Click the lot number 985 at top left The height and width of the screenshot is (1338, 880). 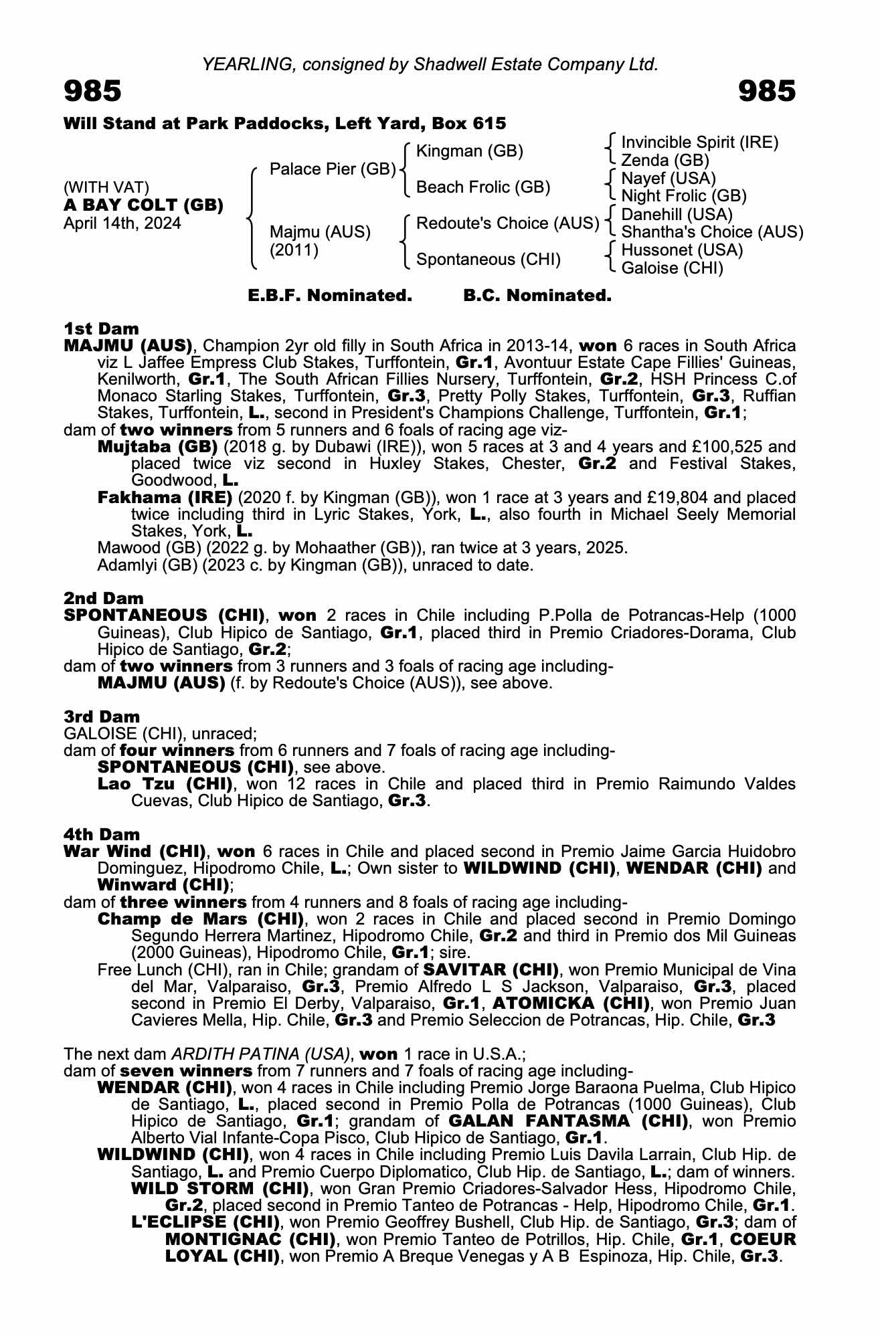click(x=92, y=92)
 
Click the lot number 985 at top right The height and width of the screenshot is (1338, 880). click(x=767, y=92)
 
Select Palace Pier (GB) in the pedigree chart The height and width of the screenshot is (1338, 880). click(x=333, y=169)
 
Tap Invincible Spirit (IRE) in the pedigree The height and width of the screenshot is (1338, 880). click(x=699, y=142)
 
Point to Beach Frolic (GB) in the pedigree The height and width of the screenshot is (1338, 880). click(x=482, y=187)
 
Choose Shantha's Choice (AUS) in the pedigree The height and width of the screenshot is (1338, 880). click(x=712, y=232)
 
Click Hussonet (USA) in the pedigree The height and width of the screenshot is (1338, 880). click(x=682, y=250)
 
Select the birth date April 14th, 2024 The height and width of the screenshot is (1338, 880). click(x=122, y=223)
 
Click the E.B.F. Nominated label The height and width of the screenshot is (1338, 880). click(x=330, y=296)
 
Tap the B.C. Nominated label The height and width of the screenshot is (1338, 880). click(x=537, y=296)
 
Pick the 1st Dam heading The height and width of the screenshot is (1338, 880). click(x=101, y=328)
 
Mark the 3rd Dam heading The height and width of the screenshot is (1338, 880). click(x=102, y=716)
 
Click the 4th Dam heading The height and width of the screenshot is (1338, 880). click(x=102, y=834)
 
